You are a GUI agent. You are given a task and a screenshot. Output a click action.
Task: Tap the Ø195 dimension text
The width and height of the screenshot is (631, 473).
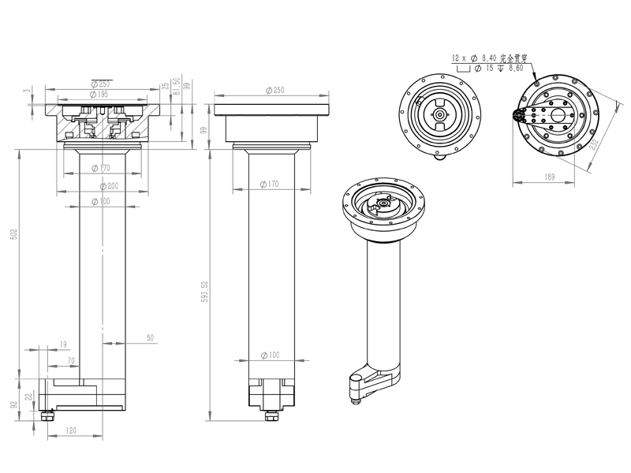[x=100, y=95]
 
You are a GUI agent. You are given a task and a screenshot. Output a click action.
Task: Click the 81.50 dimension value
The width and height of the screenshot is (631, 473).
[x=177, y=86]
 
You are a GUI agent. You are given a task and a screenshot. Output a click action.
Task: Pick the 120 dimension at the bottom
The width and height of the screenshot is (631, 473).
[x=70, y=431]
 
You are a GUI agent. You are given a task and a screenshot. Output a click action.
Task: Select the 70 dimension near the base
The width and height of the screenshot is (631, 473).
[x=70, y=361]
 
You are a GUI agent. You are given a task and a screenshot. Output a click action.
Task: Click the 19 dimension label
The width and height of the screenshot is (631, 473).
[x=63, y=345]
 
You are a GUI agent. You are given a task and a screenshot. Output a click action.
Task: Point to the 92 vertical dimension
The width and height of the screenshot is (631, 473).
[x=13, y=404]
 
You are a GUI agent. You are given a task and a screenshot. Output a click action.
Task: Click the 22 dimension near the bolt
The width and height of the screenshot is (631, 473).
[x=29, y=397]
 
